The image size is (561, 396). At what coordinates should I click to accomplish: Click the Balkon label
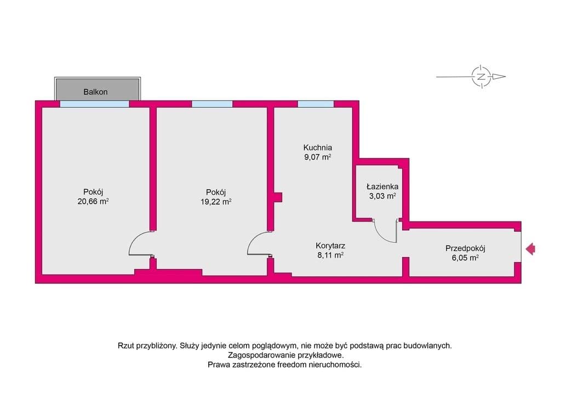point(95,92)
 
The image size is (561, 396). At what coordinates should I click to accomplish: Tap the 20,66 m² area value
point(93,201)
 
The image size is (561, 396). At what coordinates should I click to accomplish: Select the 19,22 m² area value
point(216,202)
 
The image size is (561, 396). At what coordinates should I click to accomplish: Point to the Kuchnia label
point(317,148)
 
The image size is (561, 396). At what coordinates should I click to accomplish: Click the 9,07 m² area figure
point(317,157)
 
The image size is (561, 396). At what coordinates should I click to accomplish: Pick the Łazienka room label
point(382,187)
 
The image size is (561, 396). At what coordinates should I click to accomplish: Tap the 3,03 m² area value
point(382,196)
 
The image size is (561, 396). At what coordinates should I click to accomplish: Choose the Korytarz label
point(330,246)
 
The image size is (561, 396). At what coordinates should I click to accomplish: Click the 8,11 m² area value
point(330,255)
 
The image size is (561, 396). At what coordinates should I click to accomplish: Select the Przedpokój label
point(465,248)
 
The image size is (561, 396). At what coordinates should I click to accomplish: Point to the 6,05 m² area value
point(465,258)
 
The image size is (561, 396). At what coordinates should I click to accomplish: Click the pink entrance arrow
point(530,248)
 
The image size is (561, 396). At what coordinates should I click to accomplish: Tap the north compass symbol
point(481,77)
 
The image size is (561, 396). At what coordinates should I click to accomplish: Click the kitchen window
point(316,104)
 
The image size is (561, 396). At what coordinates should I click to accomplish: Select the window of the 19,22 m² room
point(212,104)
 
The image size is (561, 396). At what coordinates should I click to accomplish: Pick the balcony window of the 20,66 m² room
point(94,104)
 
